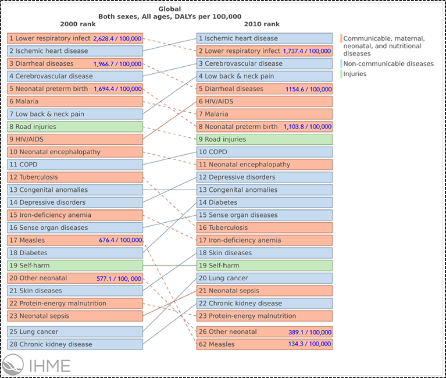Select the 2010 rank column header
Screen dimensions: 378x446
point(264,24)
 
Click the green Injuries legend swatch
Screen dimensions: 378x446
point(341,74)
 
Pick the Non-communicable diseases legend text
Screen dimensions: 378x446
point(388,63)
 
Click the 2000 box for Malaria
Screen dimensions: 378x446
point(75,101)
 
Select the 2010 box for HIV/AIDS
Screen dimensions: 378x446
point(265,101)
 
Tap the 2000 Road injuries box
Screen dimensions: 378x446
point(75,127)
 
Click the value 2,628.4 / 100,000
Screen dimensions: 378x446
point(117,38)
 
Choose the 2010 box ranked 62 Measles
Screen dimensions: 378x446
point(265,344)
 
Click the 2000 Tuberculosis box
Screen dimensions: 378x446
point(75,177)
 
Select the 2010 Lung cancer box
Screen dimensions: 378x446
point(265,278)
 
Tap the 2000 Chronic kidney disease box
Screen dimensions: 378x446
point(75,344)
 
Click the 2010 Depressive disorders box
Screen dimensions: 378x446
point(265,177)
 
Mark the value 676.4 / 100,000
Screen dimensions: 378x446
point(120,240)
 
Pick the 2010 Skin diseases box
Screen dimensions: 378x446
point(265,253)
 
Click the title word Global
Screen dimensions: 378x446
point(170,9)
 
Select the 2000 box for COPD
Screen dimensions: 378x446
point(75,165)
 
